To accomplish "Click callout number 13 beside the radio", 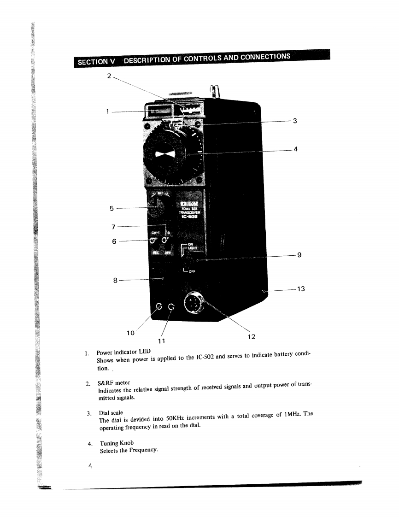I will tap(301, 289).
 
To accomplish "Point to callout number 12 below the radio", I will tap(251, 337).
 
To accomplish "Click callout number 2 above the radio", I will tap(109, 76).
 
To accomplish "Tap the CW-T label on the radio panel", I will tap(156, 233).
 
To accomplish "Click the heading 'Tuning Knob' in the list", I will tap(117, 443).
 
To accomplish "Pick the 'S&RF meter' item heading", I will tap(114, 382).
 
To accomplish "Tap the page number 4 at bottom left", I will tap(91, 465).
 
